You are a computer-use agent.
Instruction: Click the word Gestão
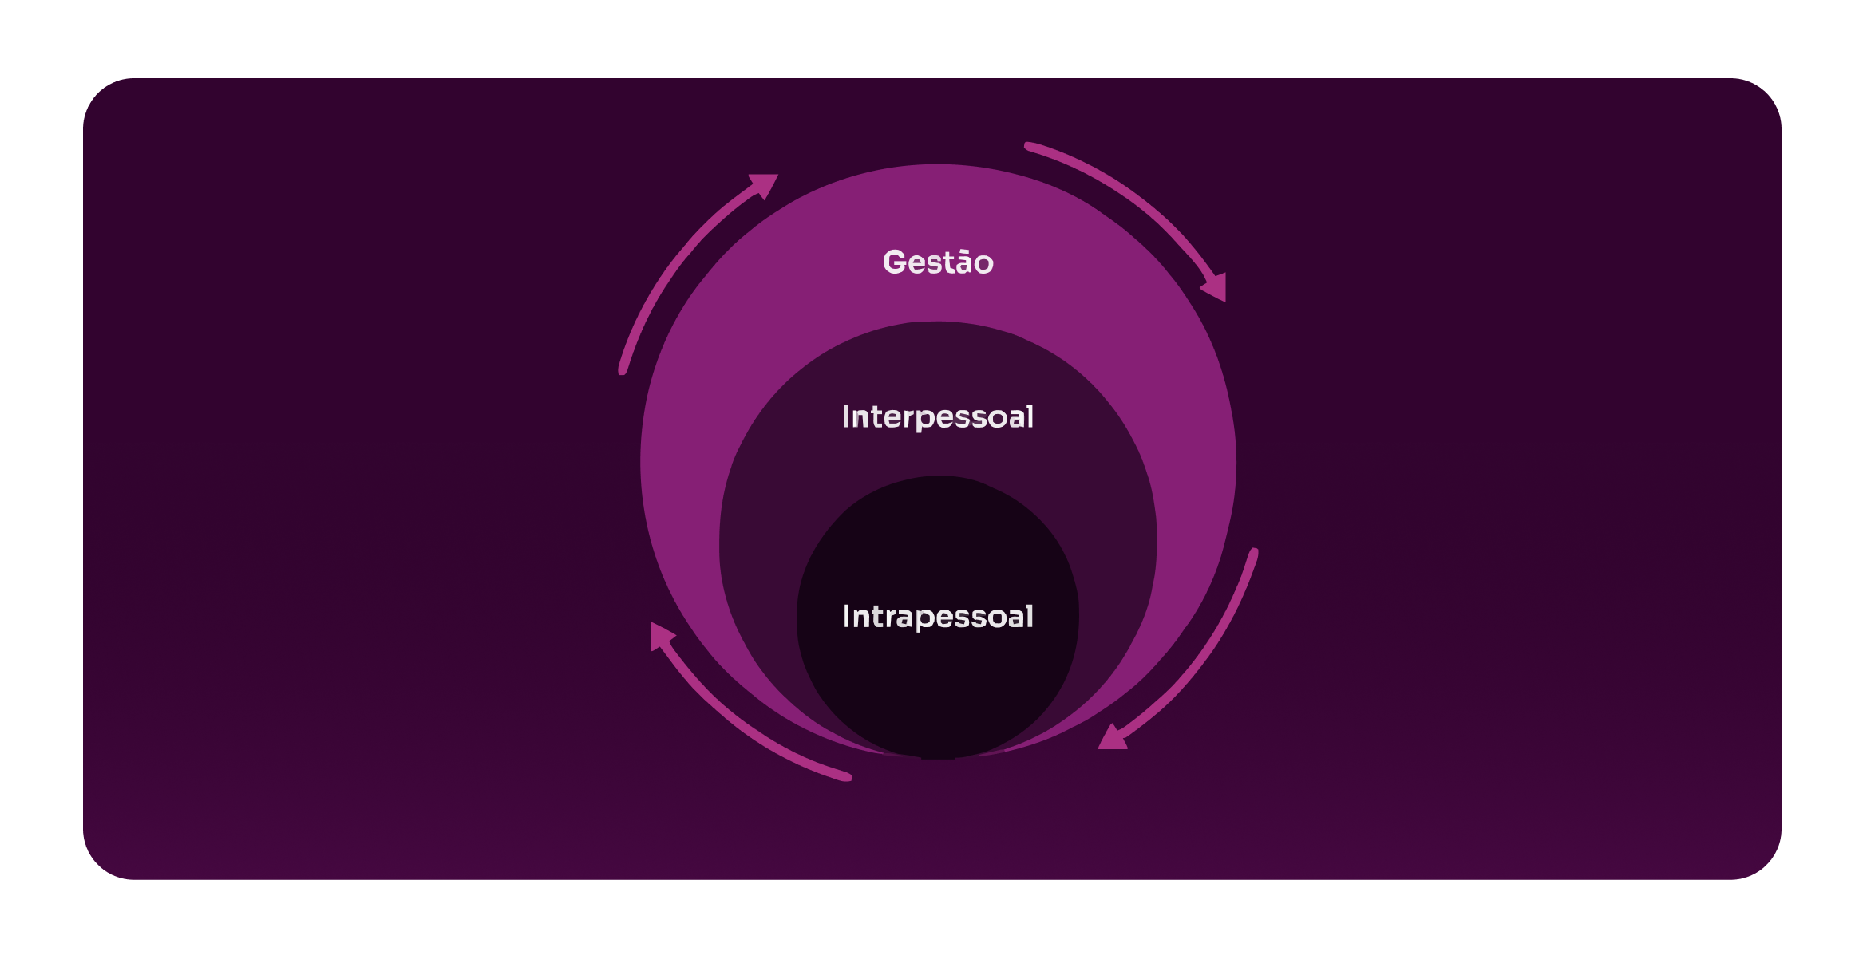938,262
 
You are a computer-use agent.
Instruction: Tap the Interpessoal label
938,417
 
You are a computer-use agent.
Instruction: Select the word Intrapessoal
938,617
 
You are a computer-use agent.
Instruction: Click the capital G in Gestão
895,262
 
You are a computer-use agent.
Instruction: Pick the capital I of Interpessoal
845,416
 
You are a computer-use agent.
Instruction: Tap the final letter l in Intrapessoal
1030,616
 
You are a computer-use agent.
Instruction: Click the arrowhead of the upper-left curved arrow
764,184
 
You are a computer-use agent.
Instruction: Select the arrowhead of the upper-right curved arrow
1216,286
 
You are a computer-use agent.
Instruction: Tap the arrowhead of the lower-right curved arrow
1112,738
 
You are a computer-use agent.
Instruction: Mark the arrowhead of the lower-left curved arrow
660,635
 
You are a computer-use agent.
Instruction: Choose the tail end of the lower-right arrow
1253,553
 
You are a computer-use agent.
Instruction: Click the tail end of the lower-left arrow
847,776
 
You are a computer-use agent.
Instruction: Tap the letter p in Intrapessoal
924,619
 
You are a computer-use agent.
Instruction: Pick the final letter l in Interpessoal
1030,416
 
